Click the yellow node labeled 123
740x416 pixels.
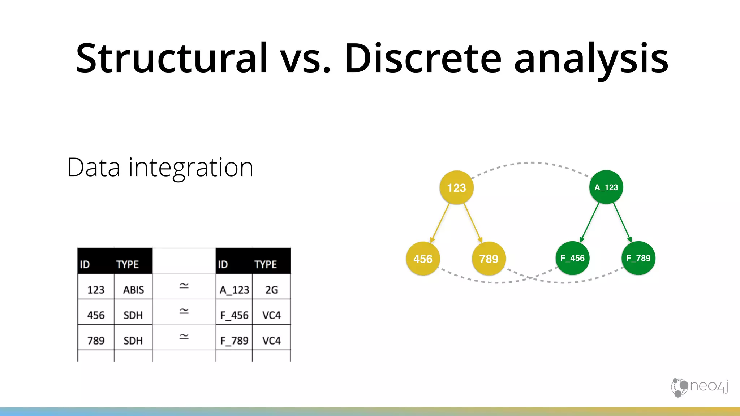(456, 187)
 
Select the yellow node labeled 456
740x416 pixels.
(423, 259)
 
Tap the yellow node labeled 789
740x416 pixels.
(489, 259)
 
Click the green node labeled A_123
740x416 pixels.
(606, 187)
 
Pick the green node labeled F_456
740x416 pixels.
(572, 258)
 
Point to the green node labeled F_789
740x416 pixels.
(638, 258)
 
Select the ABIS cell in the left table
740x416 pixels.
(133, 290)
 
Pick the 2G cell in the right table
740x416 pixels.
(271, 290)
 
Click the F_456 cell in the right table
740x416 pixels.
(234, 315)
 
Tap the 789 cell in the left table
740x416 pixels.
(96, 341)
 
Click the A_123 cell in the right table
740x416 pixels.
(234, 290)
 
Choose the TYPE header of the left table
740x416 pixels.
(127, 264)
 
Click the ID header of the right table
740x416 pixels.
(223, 264)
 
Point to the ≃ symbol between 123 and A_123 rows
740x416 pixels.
(184, 286)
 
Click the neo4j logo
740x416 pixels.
(700, 387)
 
